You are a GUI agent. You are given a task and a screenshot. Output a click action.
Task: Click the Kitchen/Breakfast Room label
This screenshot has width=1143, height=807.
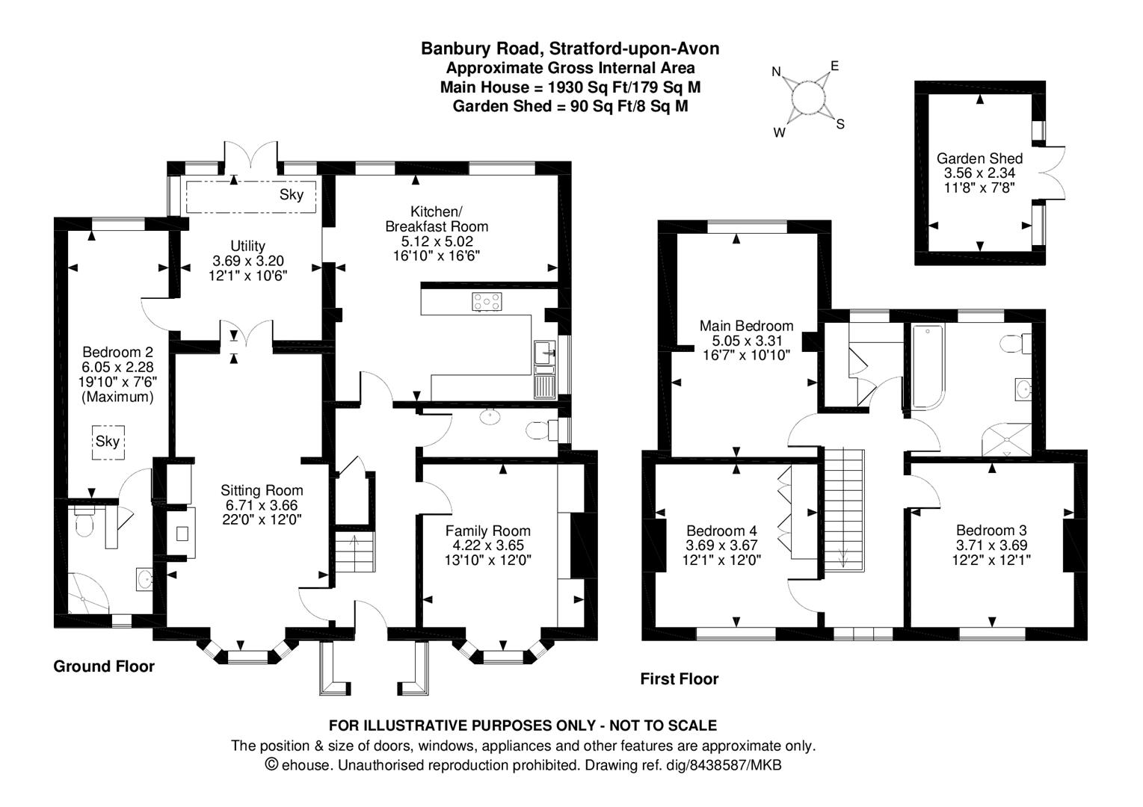pos(436,219)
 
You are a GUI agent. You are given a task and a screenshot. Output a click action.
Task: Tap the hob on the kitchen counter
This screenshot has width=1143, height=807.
pos(487,302)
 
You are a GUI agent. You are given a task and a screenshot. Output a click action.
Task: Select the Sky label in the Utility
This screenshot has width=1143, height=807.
pos(292,195)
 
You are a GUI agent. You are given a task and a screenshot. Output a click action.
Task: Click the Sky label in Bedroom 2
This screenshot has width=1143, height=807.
pos(108,441)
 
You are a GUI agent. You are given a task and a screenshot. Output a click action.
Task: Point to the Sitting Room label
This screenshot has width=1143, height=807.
pos(262,490)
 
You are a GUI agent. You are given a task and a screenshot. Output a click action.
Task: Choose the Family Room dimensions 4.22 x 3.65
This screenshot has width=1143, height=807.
pos(487,545)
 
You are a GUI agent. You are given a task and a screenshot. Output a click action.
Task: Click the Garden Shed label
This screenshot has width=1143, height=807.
pos(979,158)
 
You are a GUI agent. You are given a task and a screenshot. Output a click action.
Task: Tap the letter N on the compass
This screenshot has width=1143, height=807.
pos(777,72)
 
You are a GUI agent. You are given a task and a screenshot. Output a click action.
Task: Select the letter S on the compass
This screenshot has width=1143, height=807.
pos(840,125)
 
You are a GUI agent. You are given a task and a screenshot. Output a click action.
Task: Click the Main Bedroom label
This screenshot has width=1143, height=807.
pos(746,326)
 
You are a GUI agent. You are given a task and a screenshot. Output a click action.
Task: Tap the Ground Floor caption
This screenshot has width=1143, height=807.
pos(104,667)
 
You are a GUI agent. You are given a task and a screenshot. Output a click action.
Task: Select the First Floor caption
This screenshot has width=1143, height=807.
pos(679,678)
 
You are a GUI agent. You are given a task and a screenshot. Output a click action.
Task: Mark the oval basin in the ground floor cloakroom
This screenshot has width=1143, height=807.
pos(490,417)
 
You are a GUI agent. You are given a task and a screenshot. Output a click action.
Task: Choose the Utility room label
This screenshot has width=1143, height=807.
pos(248,246)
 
